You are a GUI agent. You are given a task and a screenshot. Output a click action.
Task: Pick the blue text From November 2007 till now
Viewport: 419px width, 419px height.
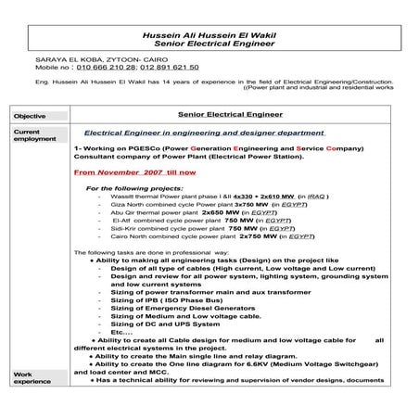[134, 171]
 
